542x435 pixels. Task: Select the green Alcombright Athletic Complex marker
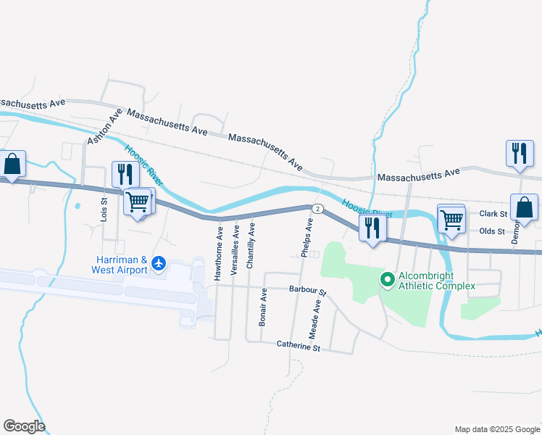[387, 278]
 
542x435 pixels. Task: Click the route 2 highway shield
[317, 209]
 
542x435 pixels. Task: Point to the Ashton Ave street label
[101, 128]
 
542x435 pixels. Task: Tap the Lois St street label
[104, 210]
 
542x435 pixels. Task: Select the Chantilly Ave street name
[251, 246]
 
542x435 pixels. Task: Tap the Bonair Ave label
[263, 307]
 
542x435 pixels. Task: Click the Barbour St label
[308, 290]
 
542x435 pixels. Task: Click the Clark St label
[492, 214]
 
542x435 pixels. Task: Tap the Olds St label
[491, 231]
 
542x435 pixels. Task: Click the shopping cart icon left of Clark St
[451, 218]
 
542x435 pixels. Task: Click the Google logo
[24, 426]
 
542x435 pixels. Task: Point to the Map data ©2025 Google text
[496, 429]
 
